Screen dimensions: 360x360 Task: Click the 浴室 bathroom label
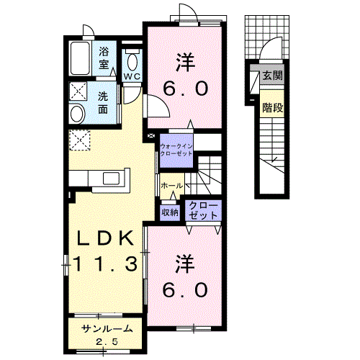click(104, 58)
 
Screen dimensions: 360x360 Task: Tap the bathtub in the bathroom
click(80, 58)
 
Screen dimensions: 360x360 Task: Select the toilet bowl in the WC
click(132, 61)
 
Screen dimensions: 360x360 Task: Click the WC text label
click(132, 76)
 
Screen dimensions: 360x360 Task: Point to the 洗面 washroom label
click(103, 103)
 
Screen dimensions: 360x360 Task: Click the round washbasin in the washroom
click(77, 114)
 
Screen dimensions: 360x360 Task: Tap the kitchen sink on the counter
click(111, 179)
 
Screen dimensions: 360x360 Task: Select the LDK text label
click(105, 238)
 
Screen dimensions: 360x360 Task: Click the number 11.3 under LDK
click(105, 264)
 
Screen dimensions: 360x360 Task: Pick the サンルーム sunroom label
click(107, 328)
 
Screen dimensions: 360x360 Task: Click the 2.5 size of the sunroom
click(107, 341)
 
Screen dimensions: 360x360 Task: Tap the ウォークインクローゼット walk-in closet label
click(176, 150)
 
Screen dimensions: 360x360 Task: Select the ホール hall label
click(172, 186)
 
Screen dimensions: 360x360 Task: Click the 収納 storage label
click(170, 212)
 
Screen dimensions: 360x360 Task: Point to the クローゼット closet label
click(203, 210)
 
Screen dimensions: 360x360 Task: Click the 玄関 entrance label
click(272, 76)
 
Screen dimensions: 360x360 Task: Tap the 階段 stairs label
click(272, 107)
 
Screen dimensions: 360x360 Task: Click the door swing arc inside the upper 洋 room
click(163, 102)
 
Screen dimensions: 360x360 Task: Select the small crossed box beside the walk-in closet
click(151, 136)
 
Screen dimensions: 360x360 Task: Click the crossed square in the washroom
click(78, 91)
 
